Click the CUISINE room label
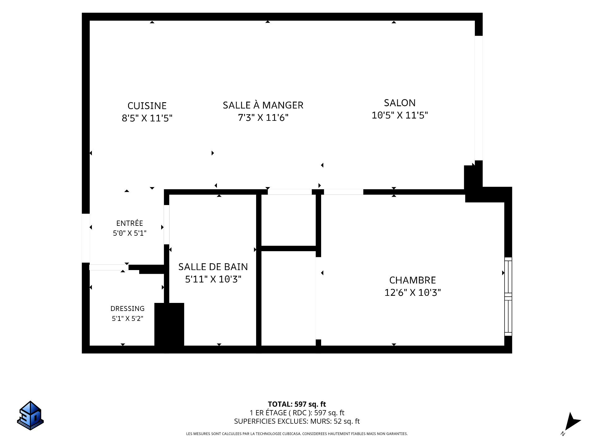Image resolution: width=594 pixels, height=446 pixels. [x=147, y=106]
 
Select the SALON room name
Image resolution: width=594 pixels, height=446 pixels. [x=400, y=103]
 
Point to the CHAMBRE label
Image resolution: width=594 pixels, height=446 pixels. [x=412, y=280]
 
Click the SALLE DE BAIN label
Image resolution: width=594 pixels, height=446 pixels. [x=213, y=267]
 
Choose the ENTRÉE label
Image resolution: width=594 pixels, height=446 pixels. [x=130, y=223]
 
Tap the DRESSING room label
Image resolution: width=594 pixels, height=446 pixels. [x=127, y=308]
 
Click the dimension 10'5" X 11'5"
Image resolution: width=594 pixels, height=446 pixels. [x=400, y=115]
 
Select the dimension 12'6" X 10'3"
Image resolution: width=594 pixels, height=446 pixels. [x=412, y=292]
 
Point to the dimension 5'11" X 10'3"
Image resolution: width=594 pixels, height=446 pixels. [x=213, y=279]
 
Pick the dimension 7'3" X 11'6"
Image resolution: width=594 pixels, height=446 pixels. [x=263, y=117]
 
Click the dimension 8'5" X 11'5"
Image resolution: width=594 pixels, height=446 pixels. [x=147, y=118]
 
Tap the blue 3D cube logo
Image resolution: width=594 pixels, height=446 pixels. [x=30, y=416]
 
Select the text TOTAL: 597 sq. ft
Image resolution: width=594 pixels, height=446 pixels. [x=297, y=404]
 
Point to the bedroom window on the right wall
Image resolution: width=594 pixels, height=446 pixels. [x=508, y=296]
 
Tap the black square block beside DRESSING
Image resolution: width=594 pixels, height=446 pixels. [x=169, y=324]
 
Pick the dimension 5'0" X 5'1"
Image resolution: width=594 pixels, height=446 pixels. [x=130, y=233]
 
